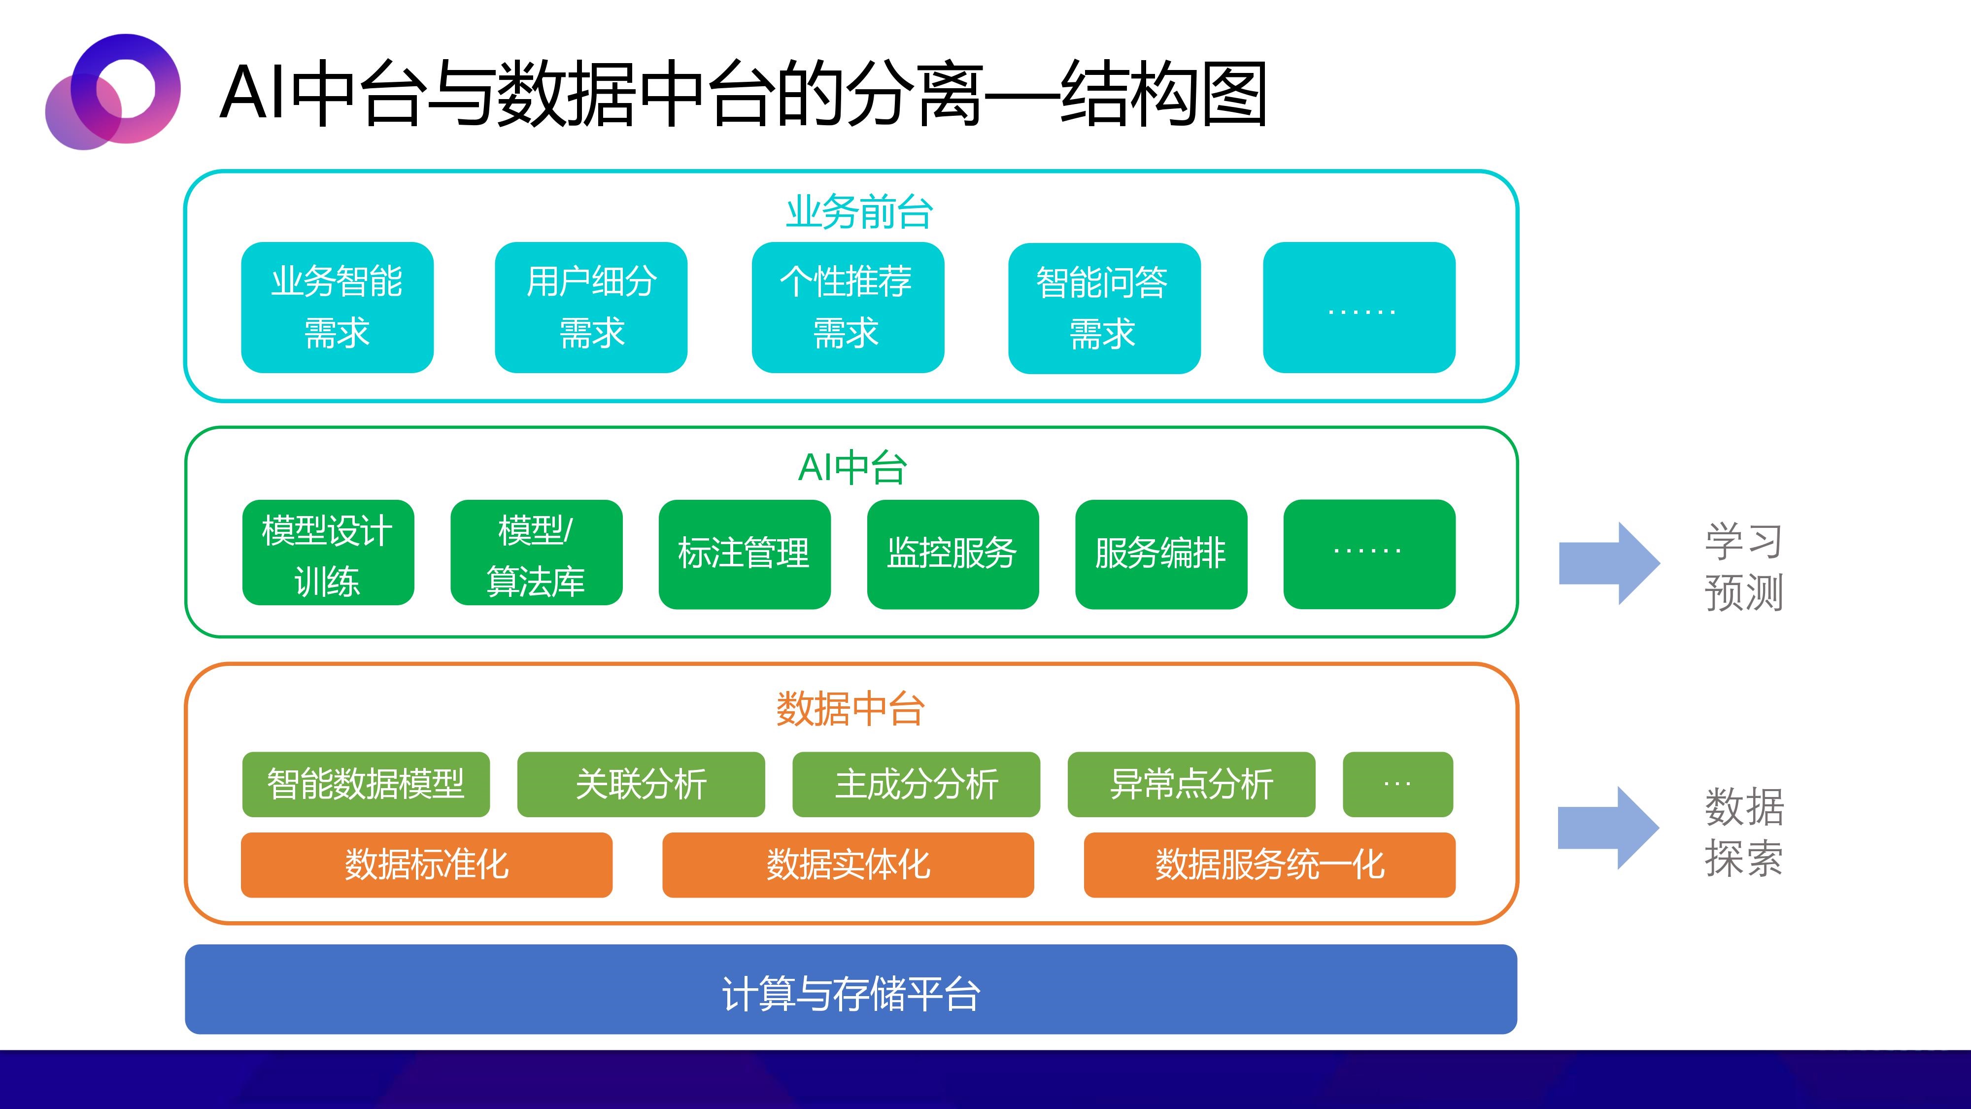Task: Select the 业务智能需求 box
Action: tap(338, 308)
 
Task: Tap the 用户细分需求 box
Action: tap(591, 308)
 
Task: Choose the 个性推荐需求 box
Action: tap(848, 308)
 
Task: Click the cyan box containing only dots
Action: tap(1359, 308)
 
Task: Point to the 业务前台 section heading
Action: tap(859, 212)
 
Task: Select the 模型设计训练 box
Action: tap(328, 553)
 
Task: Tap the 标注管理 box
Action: tap(745, 554)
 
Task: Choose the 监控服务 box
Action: tap(952, 554)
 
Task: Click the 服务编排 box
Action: tap(1161, 554)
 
